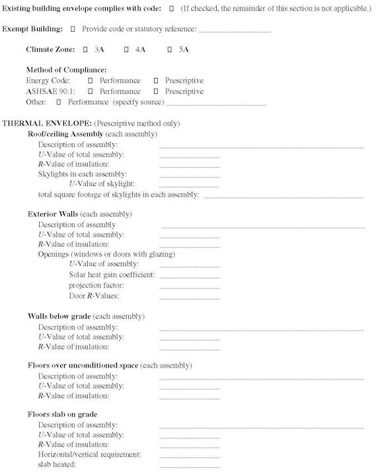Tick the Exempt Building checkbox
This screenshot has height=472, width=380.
(73, 30)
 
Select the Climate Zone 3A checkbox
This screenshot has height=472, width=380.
(86, 50)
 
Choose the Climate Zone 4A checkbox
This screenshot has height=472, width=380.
(126, 50)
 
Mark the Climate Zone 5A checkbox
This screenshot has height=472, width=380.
(170, 50)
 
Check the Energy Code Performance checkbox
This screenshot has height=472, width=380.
(90, 81)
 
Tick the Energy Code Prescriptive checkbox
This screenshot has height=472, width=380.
(156, 81)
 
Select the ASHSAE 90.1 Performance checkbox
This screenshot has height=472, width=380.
(90, 91)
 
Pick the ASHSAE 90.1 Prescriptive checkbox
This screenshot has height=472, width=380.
(156, 91)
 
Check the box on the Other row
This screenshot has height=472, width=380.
(59, 102)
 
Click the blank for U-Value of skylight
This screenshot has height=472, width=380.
(189, 185)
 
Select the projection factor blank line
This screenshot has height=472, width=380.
(189, 287)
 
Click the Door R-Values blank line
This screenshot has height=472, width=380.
(189, 297)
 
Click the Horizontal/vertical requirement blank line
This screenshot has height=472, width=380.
(189, 455)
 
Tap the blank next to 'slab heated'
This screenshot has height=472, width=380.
(189, 466)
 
